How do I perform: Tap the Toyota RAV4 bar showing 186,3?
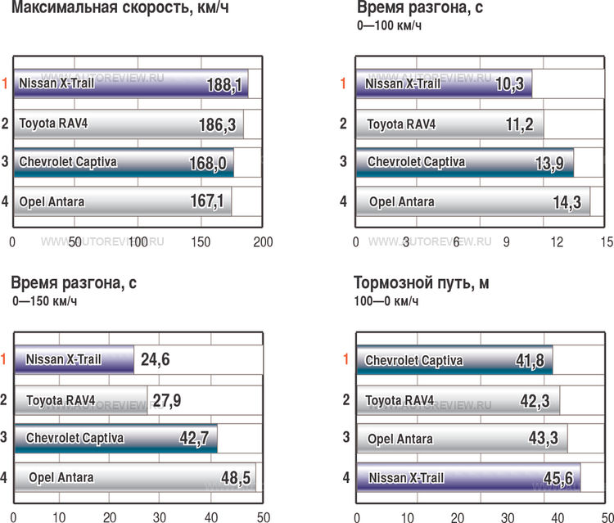tap(127, 124)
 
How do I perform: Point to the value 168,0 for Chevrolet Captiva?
tap(208, 163)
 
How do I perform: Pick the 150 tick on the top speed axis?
tap(201, 242)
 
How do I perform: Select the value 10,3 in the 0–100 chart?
tap(512, 83)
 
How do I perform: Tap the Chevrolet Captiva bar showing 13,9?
tap(463, 162)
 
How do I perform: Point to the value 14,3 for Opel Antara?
tap(572, 202)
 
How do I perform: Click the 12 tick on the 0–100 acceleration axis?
tap(557, 242)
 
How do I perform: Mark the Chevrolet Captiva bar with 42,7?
tap(115, 438)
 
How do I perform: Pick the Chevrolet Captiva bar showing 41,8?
tap(454, 360)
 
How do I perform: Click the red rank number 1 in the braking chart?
tap(345, 358)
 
